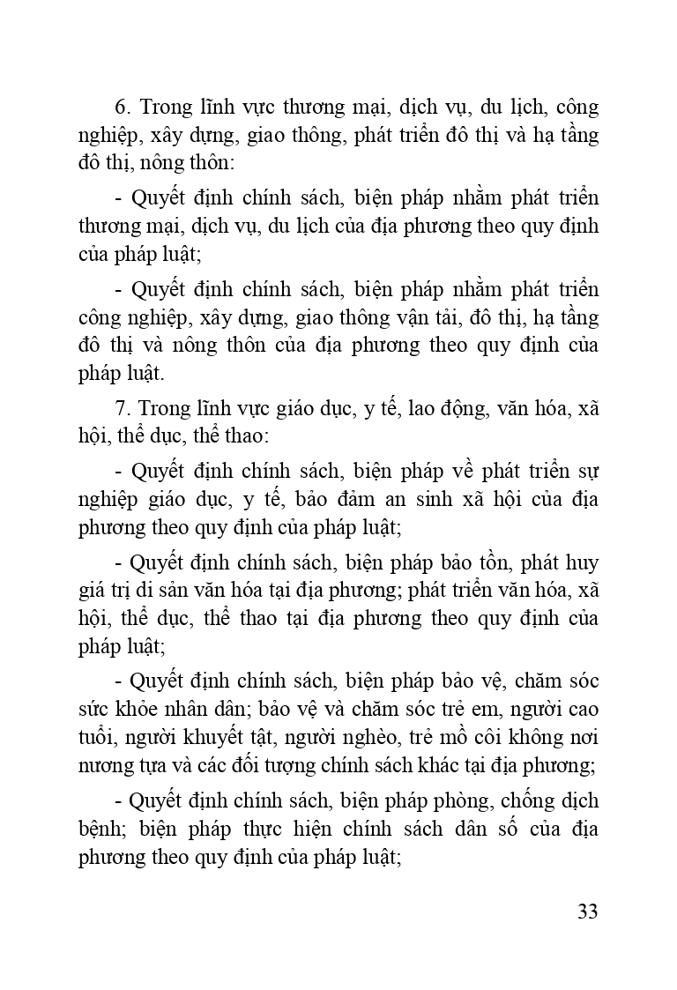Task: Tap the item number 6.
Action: (123, 108)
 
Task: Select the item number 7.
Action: (123, 408)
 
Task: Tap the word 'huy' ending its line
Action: (582, 562)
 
